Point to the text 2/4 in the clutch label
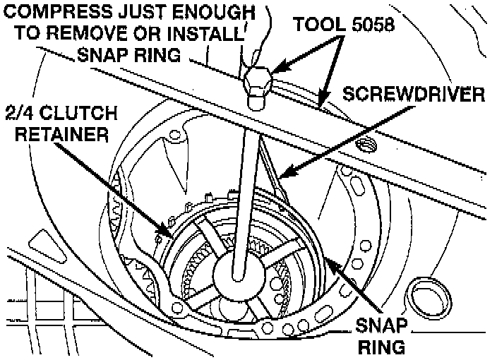pos(20,115)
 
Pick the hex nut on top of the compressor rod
pos(257,83)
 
